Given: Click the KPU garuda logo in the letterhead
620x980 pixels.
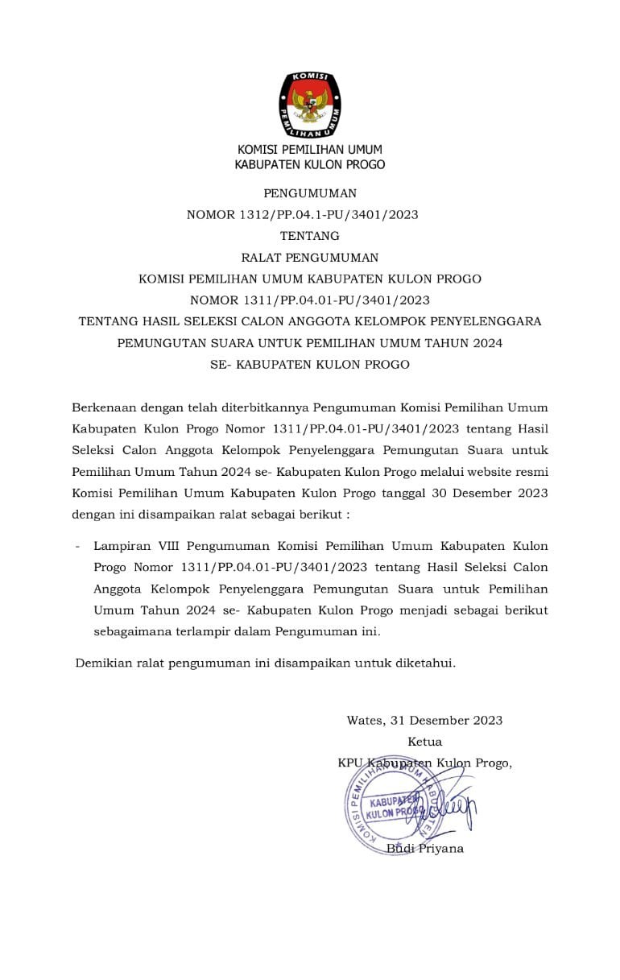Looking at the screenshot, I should coord(309,105).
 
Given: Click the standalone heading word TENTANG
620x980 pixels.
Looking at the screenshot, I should coord(309,236).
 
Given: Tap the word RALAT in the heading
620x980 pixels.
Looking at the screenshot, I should coord(265,258).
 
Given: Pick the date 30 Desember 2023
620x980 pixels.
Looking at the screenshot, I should coord(494,490).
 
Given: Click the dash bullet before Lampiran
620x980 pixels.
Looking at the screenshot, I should coord(77,547).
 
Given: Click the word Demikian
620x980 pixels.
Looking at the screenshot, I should coord(103,664).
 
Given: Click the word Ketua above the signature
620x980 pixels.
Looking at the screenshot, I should coord(424,742).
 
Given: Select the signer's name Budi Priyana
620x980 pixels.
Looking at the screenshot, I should coord(424,848).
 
